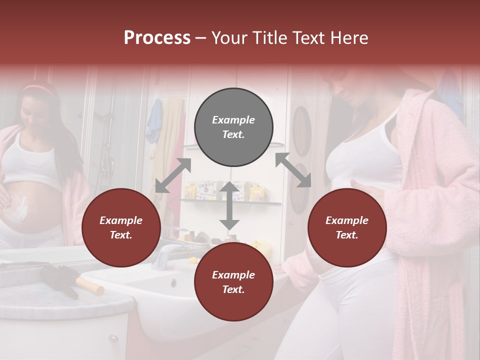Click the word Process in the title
157,38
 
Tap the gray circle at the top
233,127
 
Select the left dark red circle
121,227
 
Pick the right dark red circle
347,227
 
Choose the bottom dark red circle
233,282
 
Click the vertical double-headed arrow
229,205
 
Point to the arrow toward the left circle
173,175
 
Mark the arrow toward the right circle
293,170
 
